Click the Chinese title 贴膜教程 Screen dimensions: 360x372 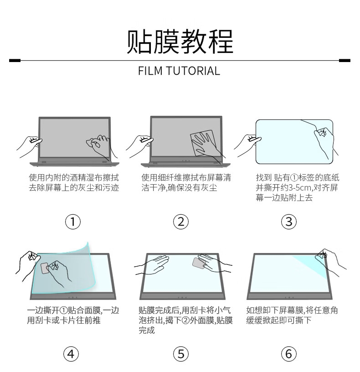click(x=180, y=41)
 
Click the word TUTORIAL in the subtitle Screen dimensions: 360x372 click(x=193, y=71)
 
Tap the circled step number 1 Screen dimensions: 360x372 click(x=73, y=222)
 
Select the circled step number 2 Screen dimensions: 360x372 click(x=181, y=222)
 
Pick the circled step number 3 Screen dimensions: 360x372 click(x=288, y=222)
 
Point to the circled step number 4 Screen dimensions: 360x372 click(x=71, y=354)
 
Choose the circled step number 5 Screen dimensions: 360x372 click(x=181, y=354)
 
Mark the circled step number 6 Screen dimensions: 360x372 click(x=288, y=354)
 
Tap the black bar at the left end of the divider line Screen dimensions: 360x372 click(x=15, y=61)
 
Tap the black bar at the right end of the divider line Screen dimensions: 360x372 click(x=345, y=61)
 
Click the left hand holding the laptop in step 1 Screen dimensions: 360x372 click(x=30, y=146)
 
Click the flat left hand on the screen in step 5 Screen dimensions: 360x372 click(x=152, y=264)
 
